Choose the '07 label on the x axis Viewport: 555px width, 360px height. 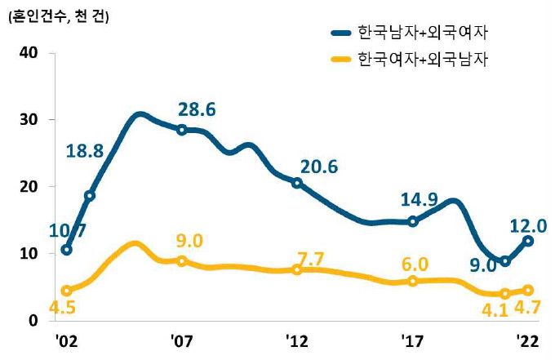click(181, 339)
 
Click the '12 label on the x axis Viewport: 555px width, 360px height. click(297, 339)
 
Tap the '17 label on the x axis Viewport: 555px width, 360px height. click(413, 339)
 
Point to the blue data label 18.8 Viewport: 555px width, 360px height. click(85, 150)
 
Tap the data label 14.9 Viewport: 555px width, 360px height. click(421, 200)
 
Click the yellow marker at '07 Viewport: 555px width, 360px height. click(182, 261)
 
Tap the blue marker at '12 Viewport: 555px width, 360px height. click(298, 183)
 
